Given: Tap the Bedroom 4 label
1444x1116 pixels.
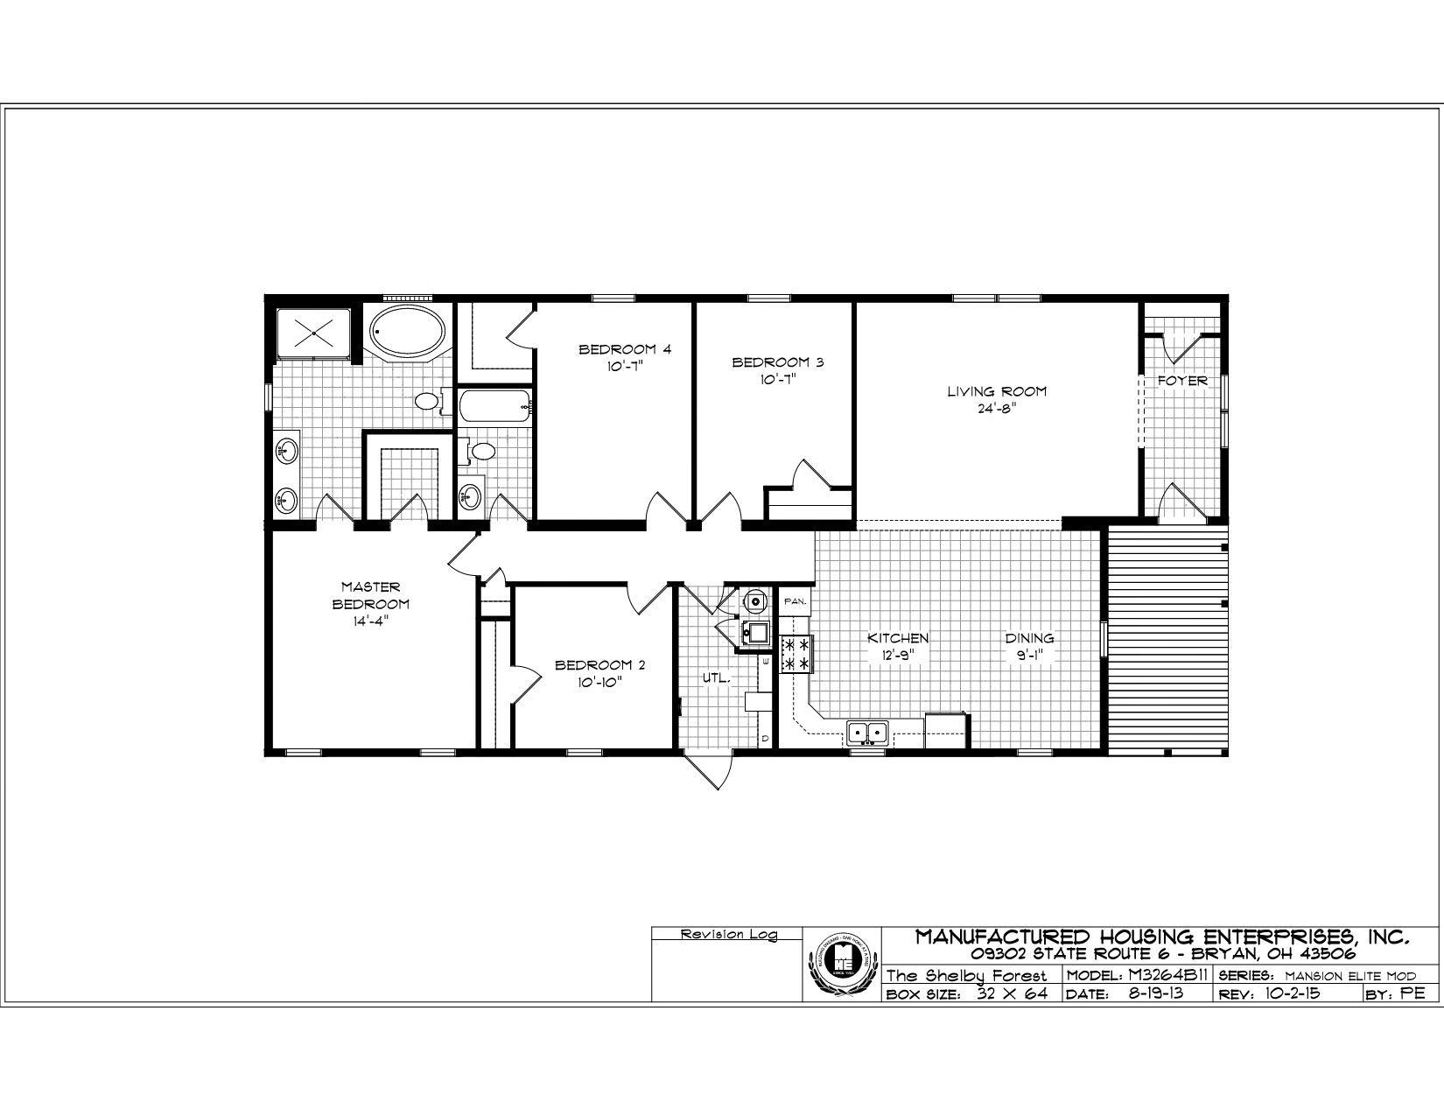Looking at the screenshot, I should pos(625,350).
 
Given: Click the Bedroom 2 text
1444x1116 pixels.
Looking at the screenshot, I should pos(599,665).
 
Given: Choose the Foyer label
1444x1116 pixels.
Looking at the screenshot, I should pos(1182,381).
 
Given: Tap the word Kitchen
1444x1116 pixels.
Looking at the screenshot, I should pos(898,638).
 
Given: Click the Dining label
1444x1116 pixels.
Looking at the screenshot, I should pos(1028,638).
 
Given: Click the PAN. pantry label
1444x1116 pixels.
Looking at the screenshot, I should pos(795,601).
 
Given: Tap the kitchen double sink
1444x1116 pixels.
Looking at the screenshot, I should pos(867,732).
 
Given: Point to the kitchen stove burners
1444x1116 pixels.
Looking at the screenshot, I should pos(797,654).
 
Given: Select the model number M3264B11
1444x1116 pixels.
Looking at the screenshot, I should pos(1138,975).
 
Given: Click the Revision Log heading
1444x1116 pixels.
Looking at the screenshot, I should pos(728,935).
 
